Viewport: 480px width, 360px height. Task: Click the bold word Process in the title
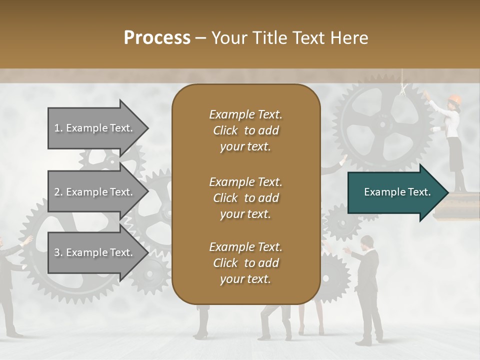click(157, 38)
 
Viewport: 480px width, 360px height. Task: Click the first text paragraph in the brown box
click(245, 130)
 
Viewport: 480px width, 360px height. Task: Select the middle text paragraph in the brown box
click(245, 198)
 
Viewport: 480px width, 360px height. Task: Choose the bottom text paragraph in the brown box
click(245, 263)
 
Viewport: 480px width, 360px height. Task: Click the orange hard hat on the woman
click(454, 98)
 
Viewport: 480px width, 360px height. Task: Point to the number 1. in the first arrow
click(58, 128)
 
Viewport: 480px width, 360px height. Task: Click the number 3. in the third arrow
click(58, 252)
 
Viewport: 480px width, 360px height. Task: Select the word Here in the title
click(350, 38)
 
